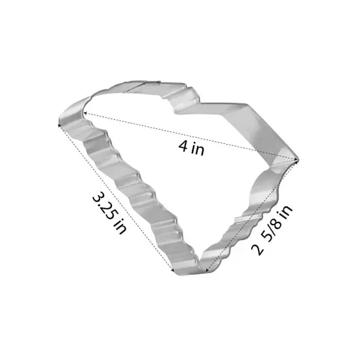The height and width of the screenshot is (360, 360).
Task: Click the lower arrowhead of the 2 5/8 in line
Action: coord(207,270)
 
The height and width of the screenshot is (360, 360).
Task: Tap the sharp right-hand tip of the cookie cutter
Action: coord(298,158)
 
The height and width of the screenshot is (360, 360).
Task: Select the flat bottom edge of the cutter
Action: coord(190,270)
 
